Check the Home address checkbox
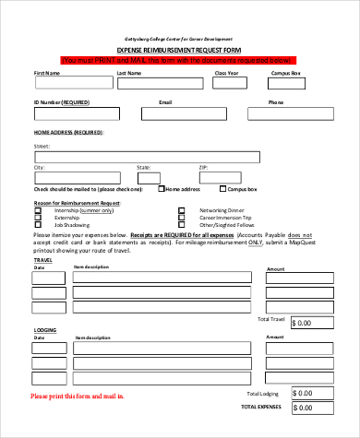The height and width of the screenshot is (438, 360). [x=162, y=189]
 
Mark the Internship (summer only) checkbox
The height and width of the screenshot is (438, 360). [x=38, y=209]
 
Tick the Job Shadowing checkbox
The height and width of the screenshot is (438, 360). [x=38, y=224]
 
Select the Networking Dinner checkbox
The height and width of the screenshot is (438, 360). [x=181, y=209]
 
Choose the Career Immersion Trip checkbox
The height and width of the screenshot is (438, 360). [x=181, y=217]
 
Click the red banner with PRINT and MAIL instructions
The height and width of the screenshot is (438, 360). [x=180, y=60]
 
